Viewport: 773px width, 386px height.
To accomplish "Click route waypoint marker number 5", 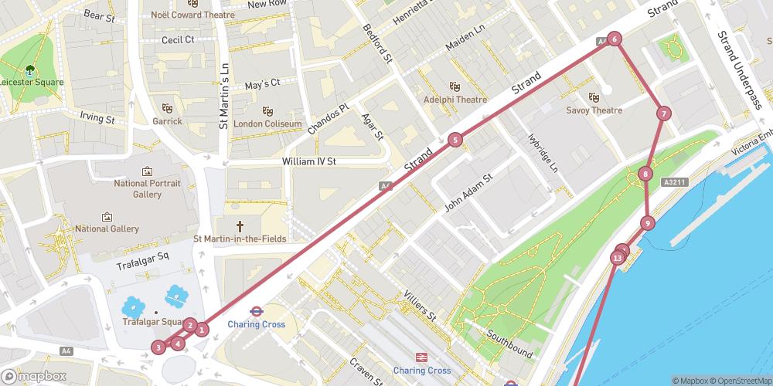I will pos(455,140).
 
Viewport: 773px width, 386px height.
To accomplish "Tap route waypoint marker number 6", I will pos(614,39).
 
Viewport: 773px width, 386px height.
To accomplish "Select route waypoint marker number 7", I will pos(663,114).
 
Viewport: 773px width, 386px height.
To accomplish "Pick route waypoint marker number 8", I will pos(645,174).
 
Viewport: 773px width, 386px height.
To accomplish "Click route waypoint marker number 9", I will pos(647,224).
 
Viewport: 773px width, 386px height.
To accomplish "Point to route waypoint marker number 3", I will pos(158,347).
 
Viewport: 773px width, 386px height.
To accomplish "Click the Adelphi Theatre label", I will pos(456,100).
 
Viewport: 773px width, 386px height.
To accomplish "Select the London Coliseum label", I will pos(267,124).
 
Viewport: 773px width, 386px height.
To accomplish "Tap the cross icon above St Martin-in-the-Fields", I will pos(240,225).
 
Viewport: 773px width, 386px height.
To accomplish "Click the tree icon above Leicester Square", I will pos(31,69).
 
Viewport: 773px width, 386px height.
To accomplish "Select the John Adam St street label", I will pos(468,195).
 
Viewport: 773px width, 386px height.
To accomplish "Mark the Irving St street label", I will pos(97,119).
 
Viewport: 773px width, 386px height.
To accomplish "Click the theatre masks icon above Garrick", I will pos(167,108).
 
